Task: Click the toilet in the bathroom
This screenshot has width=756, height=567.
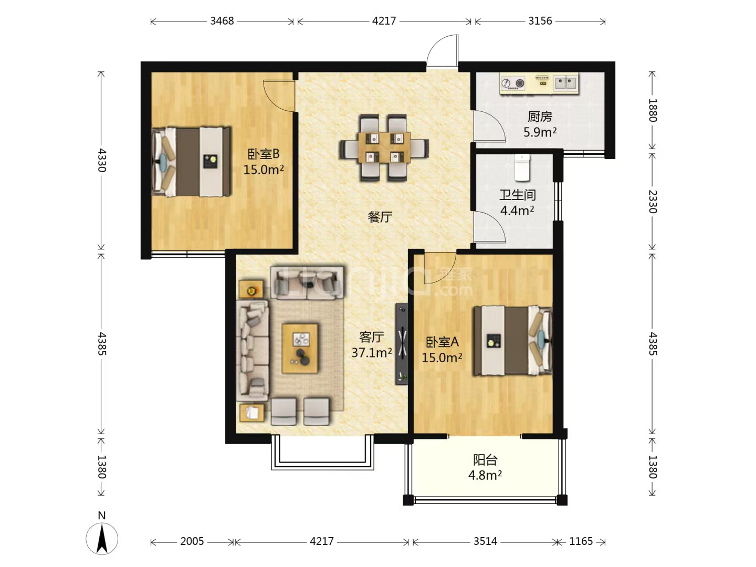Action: click(x=522, y=167)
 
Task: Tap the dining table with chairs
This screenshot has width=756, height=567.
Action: click(x=384, y=148)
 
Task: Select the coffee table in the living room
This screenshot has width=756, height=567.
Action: click(x=300, y=348)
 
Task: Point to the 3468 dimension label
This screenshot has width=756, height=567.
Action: click(x=222, y=21)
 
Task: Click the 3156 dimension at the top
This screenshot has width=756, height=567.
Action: click(x=540, y=21)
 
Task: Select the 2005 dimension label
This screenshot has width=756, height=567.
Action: click(x=192, y=541)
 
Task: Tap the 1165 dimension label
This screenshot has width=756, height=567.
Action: click(x=581, y=541)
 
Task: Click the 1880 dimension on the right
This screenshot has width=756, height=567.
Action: click(x=653, y=110)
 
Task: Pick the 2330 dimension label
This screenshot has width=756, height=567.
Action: click(x=653, y=202)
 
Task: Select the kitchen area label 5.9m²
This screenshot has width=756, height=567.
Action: click(x=540, y=132)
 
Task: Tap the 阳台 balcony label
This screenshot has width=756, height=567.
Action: click(x=485, y=459)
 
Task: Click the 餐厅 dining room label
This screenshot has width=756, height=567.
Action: click(x=380, y=217)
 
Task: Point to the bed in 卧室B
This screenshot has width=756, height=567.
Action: click(x=192, y=162)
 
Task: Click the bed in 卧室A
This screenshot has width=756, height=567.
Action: click(x=513, y=341)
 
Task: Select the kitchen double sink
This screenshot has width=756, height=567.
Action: click(x=566, y=83)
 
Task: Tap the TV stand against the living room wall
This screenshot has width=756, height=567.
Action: click(x=402, y=343)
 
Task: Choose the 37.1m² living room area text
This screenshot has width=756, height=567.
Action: click(x=371, y=352)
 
